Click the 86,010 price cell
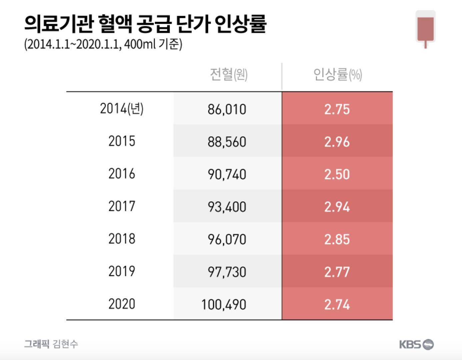[x=227, y=109]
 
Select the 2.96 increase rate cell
[x=337, y=142]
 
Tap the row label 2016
[x=122, y=174]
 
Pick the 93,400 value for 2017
[x=227, y=207]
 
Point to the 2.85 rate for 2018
[x=337, y=239]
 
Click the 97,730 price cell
[x=227, y=272]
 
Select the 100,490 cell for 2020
[x=224, y=304]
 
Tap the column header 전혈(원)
[x=229, y=74]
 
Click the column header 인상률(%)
[x=337, y=74]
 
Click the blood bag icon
[x=425, y=29]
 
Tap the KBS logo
[x=416, y=344]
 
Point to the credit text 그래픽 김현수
[x=51, y=344]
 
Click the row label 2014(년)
[x=122, y=109]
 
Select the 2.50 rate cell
[x=337, y=174]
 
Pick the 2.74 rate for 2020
[x=337, y=304]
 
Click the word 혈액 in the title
[x=115, y=24]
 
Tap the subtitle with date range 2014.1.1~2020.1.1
[x=103, y=44]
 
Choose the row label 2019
[x=122, y=271]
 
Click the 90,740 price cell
[x=227, y=174]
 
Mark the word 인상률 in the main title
[x=240, y=24]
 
